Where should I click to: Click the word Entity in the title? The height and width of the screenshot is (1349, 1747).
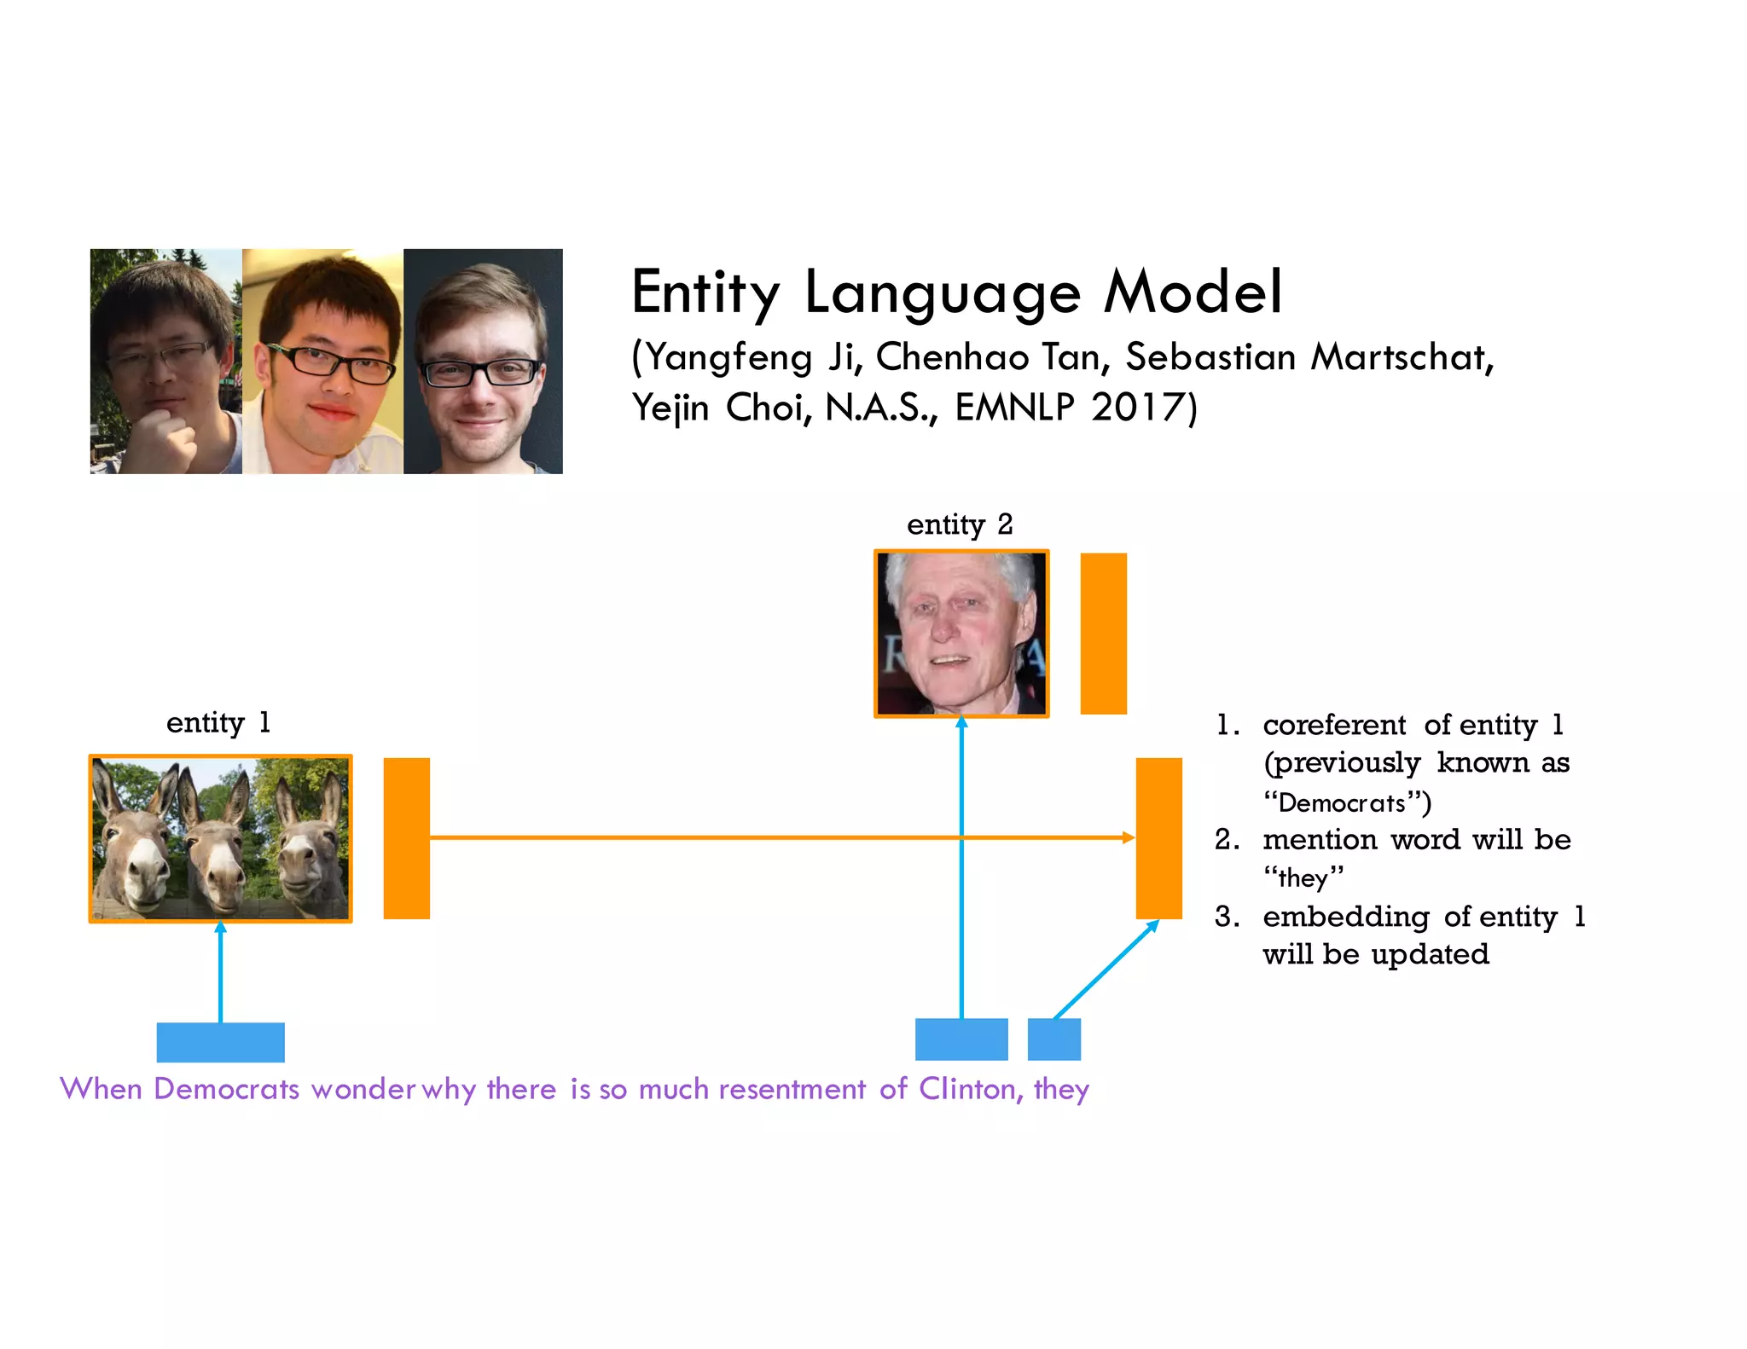tap(705, 292)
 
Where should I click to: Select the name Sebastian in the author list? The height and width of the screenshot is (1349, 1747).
tap(1210, 356)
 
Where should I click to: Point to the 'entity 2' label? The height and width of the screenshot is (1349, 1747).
tap(959, 524)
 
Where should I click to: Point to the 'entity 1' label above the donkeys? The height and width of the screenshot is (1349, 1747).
tap(218, 722)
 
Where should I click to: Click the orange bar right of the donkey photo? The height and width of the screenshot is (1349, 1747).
tap(406, 837)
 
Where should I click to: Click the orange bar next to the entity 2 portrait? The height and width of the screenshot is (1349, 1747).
tap(1103, 633)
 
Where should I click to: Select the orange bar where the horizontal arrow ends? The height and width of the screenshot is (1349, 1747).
tap(1158, 837)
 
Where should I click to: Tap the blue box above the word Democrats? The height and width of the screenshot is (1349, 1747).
tap(220, 1041)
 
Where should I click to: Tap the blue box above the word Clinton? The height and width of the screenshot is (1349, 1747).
tap(961, 1039)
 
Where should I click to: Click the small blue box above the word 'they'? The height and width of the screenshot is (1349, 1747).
tap(1053, 1039)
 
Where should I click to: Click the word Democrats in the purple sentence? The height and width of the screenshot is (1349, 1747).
tap(226, 1089)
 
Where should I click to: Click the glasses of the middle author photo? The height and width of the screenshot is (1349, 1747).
tap(328, 363)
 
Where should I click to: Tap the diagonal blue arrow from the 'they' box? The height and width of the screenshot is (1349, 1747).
tap(1105, 970)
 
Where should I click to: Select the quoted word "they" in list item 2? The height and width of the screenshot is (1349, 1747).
tap(1303, 877)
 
